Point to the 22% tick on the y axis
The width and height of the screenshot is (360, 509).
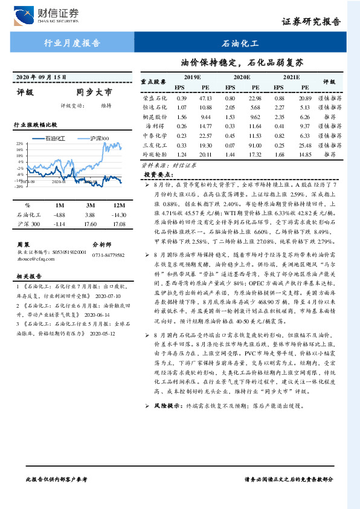pyautogui.click(x=20, y=144)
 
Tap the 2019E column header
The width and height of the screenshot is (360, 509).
pyautogui.click(x=191, y=77)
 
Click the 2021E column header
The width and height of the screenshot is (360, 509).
pyautogui.click(x=291, y=77)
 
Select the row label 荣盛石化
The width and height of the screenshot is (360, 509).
pyautogui.click(x=155, y=97)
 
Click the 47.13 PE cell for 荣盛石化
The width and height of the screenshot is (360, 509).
pyautogui.click(x=205, y=97)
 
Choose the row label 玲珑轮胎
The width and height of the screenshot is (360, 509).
pyautogui.click(x=155, y=155)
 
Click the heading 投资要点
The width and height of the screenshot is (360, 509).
pyautogui.click(x=156, y=174)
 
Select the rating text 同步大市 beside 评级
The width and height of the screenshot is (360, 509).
pyautogui.click(x=94, y=93)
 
